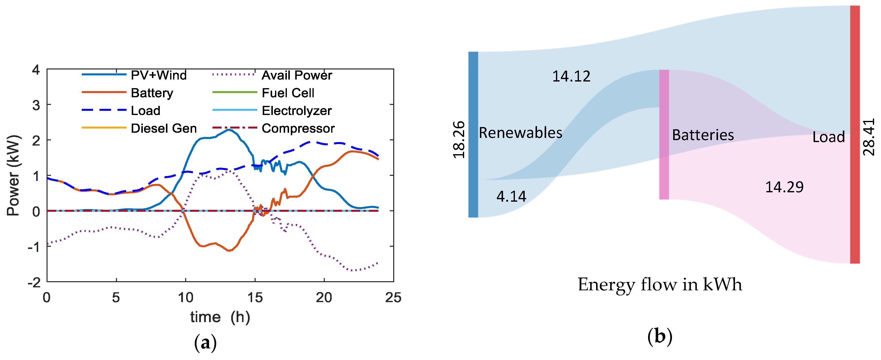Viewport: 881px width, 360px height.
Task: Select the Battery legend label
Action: pyautogui.click(x=152, y=93)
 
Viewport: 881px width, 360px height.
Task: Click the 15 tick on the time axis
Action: pyautogui.click(x=255, y=297)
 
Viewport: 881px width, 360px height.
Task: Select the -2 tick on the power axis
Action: pyautogui.click(x=34, y=282)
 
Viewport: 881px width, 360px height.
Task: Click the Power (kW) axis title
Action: pyautogui.click(x=14, y=175)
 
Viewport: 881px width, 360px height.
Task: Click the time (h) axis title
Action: pyautogui.click(x=220, y=317)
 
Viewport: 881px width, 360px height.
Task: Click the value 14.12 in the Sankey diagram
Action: pyautogui.click(x=571, y=76)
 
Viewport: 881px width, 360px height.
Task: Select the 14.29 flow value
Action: pyautogui.click(x=784, y=187)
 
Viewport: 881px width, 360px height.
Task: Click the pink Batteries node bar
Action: pyautogui.click(x=664, y=134)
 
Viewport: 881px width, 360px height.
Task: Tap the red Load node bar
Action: pyautogui.click(x=855, y=134)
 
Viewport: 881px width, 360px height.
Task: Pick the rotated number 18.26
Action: pyautogui.click(x=459, y=139)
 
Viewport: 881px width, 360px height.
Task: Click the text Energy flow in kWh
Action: pyautogui.click(x=660, y=284)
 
